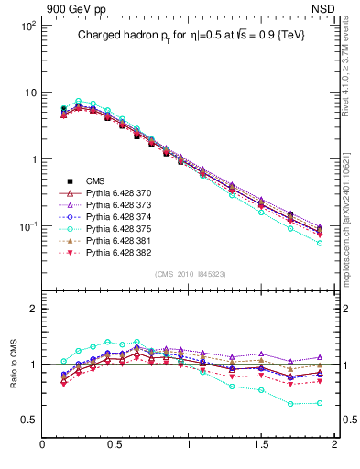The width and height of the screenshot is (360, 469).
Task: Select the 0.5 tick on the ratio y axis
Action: coord(30,420)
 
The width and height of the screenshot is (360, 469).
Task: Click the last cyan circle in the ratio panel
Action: coord(320,403)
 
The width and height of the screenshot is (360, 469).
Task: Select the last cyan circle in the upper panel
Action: coord(320,243)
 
